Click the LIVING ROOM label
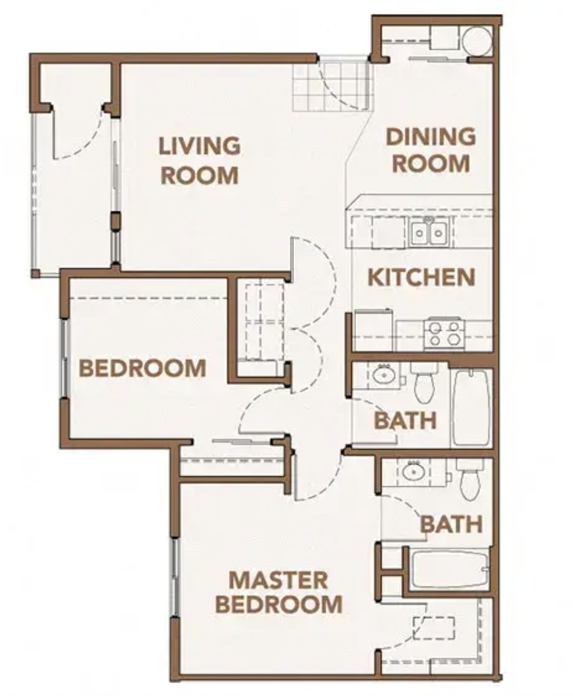coord(200,160)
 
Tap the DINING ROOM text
coord(431,150)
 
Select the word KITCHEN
coord(421,277)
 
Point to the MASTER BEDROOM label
coord(278,592)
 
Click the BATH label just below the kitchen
coord(405,420)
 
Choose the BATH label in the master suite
coord(451,524)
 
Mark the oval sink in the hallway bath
coord(384,373)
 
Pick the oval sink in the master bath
coord(414,469)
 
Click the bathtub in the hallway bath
coord(470,407)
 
